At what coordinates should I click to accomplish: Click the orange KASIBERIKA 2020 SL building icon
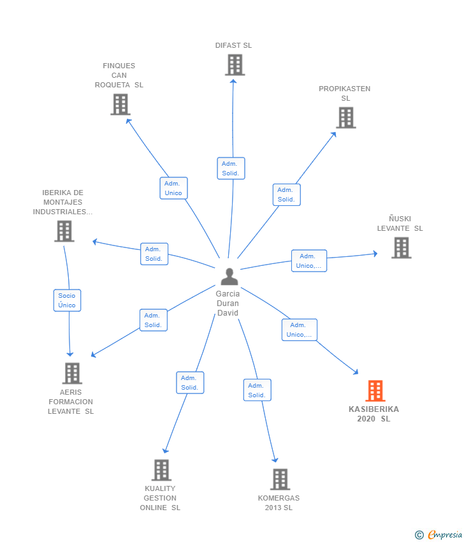click(x=375, y=391)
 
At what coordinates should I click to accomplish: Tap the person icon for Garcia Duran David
click(x=229, y=277)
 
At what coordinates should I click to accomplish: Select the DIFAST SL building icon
click(x=235, y=65)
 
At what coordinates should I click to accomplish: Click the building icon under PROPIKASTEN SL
click(x=346, y=117)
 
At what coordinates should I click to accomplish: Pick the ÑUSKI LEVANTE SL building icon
click(x=402, y=248)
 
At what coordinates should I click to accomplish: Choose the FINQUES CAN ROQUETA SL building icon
click(x=120, y=105)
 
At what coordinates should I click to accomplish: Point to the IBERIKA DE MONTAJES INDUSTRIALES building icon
click(x=64, y=231)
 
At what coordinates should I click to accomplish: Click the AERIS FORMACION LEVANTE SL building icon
click(x=72, y=373)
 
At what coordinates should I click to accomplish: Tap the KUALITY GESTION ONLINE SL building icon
click(x=162, y=470)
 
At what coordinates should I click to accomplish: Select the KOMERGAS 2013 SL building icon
click(x=280, y=480)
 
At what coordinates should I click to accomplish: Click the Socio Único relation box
click(x=67, y=300)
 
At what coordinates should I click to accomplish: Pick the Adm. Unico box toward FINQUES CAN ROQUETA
click(x=173, y=188)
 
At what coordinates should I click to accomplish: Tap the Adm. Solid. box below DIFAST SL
click(x=231, y=168)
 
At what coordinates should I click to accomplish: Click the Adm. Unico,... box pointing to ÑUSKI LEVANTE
click(x=309, y=261)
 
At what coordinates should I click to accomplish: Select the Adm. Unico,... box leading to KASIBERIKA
click(x=299, y=330)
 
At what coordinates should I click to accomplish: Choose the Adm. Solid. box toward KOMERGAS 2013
click(x=257, y=390)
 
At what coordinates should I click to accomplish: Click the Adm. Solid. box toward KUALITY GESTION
click(x=190, y=383)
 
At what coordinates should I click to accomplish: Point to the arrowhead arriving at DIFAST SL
click(x=233, y=81)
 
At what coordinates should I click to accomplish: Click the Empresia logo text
click(x=444, y=535)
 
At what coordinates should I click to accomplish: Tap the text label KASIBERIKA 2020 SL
click(x=374, y=414)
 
